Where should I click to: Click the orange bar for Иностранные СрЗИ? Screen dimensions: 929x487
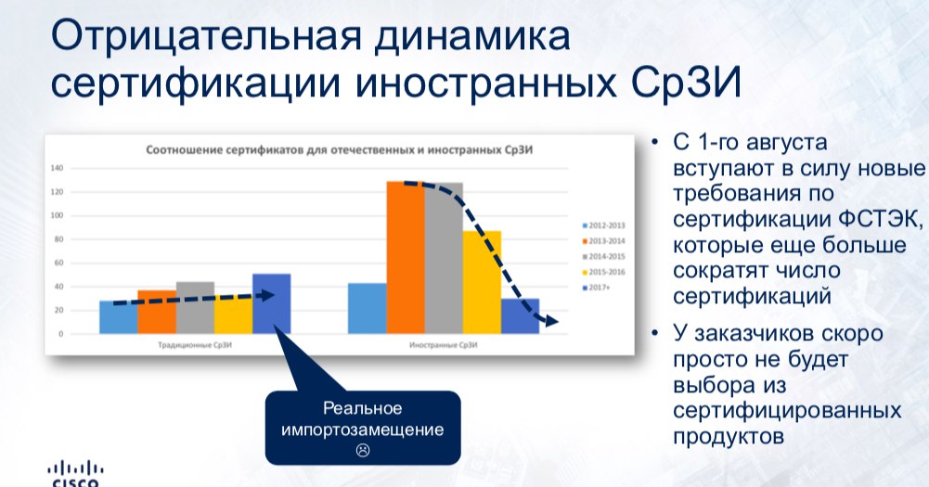406,258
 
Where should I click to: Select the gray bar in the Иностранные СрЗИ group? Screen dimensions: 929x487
444,258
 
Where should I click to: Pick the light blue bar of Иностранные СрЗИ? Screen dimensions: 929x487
368,309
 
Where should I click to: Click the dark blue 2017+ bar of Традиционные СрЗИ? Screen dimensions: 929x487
272,304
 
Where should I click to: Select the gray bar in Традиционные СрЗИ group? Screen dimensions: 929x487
195,308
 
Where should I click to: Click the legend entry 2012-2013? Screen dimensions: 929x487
604,225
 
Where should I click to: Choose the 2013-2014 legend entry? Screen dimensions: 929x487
604,241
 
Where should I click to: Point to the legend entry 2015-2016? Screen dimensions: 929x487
604,272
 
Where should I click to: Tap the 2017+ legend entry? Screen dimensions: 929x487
596,288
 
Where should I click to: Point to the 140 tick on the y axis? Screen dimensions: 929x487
57,168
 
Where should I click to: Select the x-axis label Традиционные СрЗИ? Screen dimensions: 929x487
195,345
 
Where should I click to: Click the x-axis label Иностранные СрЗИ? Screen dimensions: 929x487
444,345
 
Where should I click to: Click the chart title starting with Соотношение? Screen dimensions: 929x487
340,150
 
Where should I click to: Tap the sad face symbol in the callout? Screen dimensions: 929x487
363,450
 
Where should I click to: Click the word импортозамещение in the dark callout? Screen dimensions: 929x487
363,429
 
